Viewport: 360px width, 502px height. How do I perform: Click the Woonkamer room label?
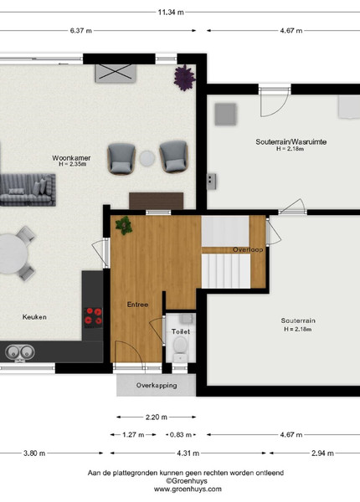71,158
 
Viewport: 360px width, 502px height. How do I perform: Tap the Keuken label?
34,317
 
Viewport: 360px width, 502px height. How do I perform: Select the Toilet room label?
181,331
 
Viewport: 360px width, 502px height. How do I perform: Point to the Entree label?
138,305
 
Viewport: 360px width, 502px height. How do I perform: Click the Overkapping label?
157,386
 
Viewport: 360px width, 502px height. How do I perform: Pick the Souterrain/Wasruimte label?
291,141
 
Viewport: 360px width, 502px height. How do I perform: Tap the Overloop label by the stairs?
248,249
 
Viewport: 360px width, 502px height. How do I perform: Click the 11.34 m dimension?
171,13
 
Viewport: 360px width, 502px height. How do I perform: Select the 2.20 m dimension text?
157,417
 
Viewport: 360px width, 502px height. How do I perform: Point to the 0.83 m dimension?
181,435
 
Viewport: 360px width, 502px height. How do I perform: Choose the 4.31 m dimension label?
188,453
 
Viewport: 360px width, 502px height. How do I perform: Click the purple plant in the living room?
184,78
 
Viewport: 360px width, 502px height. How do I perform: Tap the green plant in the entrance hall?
124,225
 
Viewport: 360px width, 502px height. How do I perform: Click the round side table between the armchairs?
147,158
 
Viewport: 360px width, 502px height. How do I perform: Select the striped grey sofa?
28,190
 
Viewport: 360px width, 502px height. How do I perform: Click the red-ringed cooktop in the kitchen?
93,317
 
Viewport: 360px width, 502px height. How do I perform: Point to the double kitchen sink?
20,352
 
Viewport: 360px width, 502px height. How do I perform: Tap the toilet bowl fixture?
181,348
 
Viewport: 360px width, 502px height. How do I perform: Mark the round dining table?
12,254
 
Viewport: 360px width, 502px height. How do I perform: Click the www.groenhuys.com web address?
188,489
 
